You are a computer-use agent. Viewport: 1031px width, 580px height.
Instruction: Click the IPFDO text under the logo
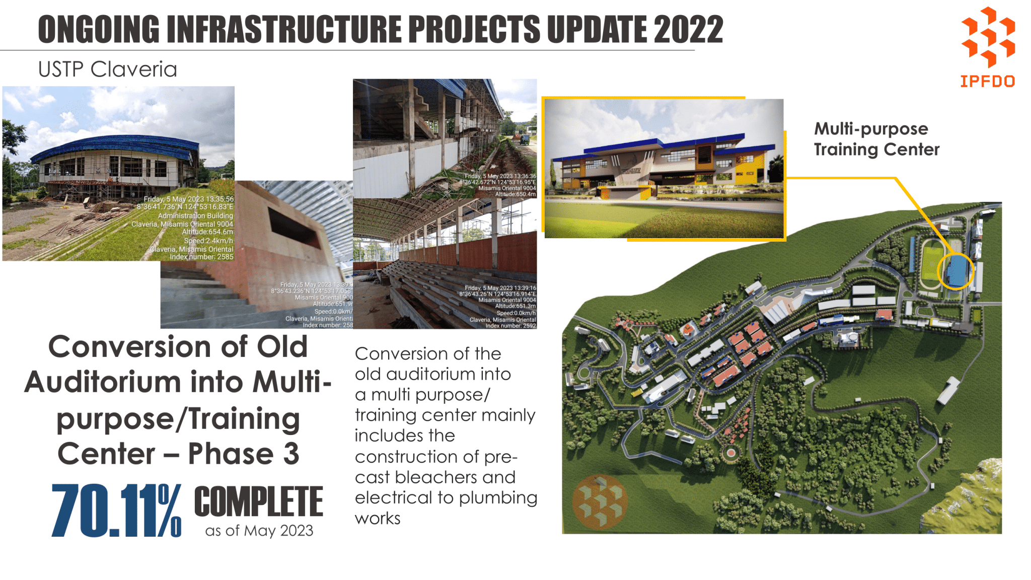[987, 82]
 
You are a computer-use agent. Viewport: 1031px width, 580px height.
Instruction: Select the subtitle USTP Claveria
[107, 69]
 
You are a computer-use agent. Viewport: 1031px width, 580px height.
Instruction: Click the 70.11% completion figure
[116, 511]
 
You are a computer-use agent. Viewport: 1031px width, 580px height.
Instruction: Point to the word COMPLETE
[258, 502]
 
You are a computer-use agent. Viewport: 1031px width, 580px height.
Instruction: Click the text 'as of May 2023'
[259, 531]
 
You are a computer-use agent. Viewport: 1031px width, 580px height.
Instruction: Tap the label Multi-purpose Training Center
[876, 139]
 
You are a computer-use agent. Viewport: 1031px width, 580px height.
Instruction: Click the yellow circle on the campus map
[955, 271]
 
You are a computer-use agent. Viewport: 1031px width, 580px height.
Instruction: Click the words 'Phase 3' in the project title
[244, 454]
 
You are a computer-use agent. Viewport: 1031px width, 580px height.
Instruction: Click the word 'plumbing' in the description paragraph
[498, 497]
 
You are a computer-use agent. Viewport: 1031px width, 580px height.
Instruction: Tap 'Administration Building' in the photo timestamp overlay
[195, 215]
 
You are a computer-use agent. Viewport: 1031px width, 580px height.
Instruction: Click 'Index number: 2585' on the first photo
[201, 257]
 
